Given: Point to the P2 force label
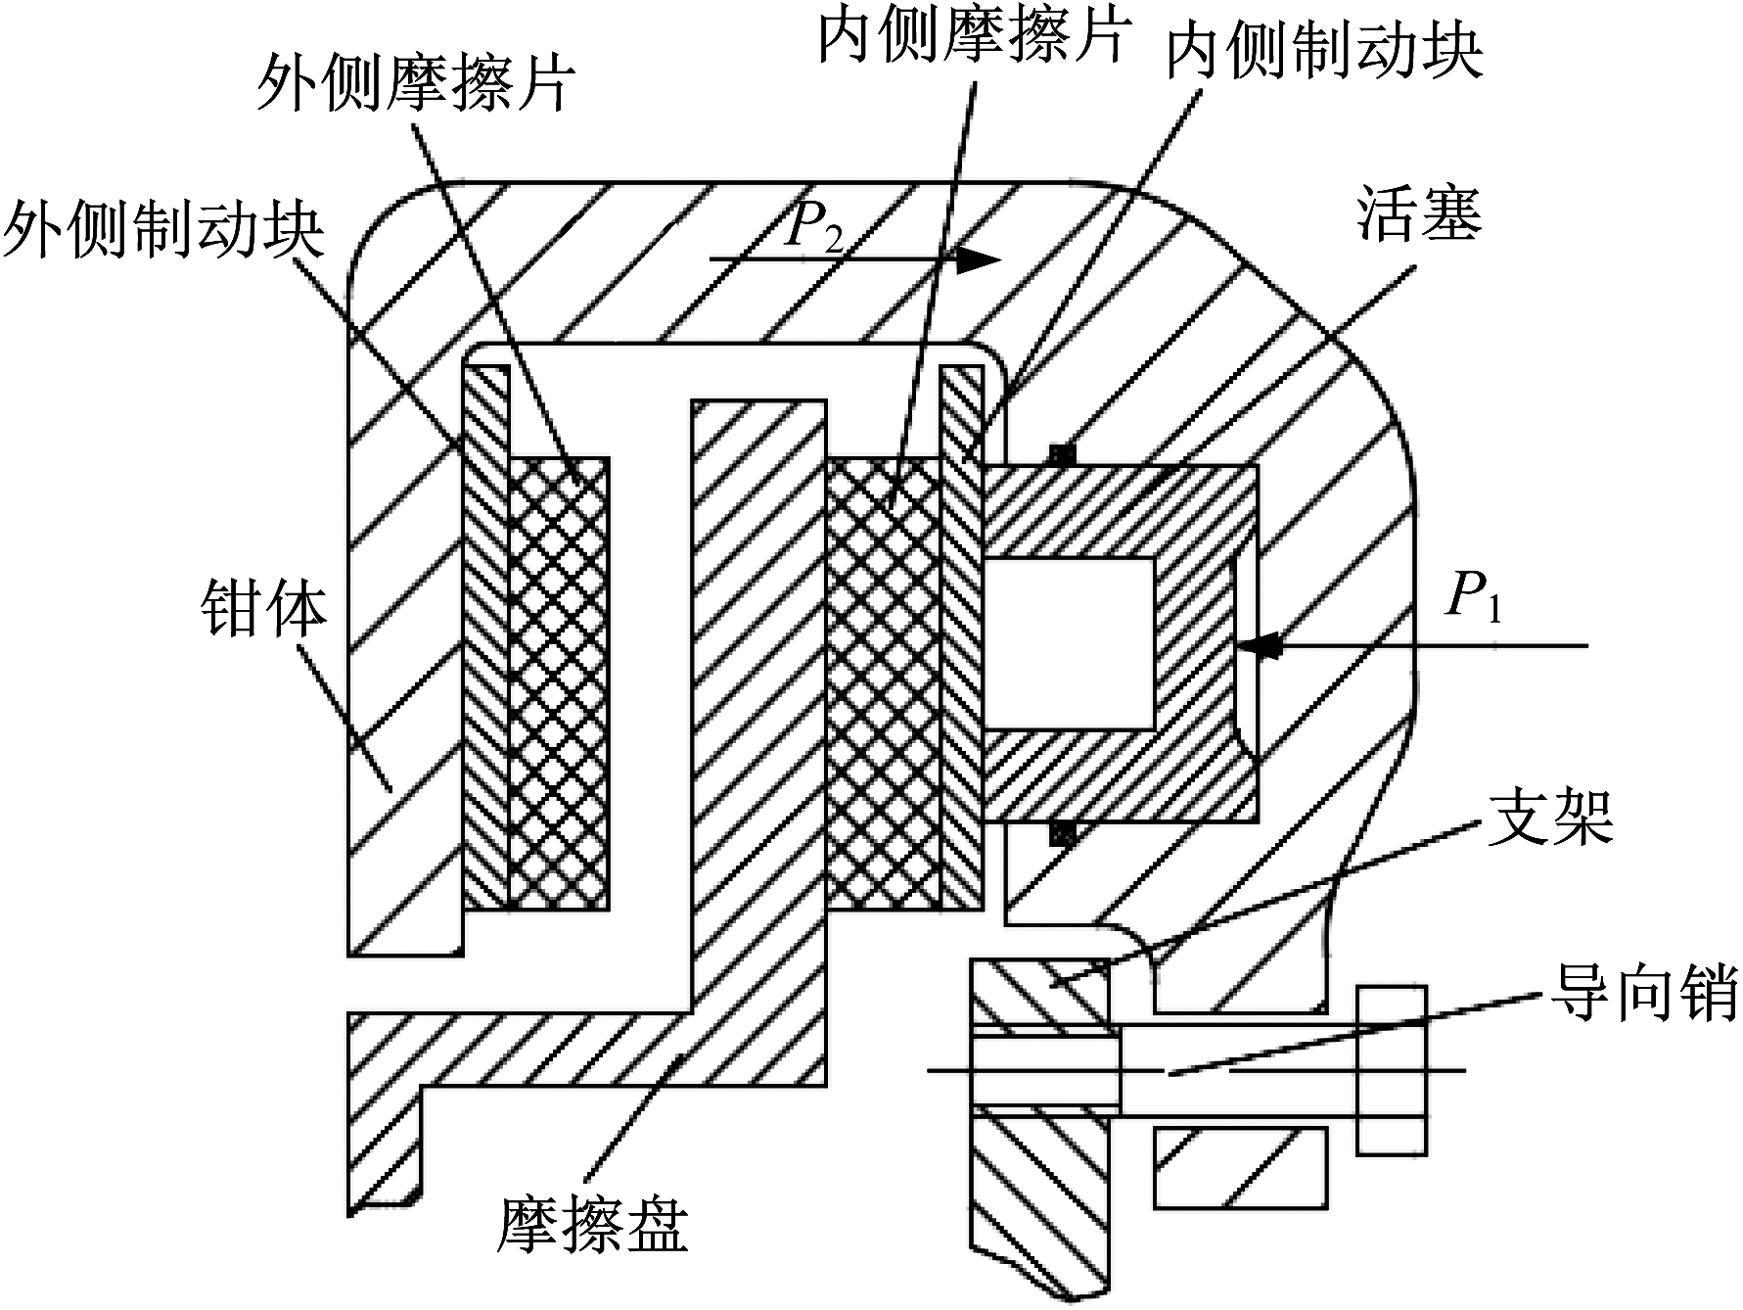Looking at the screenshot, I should tap(814, 231).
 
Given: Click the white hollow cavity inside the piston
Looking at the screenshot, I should tap(1069, 644).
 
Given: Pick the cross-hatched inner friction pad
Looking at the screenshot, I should tap(883, 683).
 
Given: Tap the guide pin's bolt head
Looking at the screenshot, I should tap(1391, 1070).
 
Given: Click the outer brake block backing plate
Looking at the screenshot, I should tap(486, 636).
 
